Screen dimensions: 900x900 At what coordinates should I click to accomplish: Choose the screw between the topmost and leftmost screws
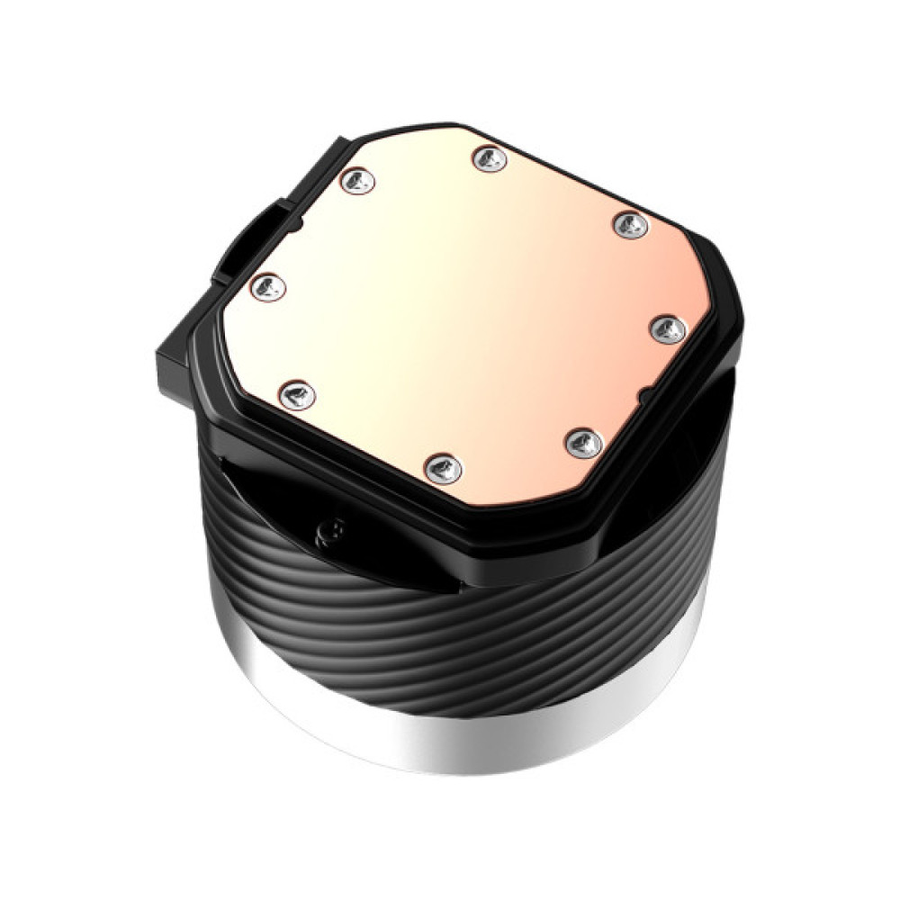coord(358,181)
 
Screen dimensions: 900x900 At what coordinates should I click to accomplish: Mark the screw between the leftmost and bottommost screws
coord(296,394)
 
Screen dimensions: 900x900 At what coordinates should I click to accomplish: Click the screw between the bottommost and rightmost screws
coord(584,441)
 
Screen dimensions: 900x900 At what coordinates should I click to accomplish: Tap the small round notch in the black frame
coord(644,395)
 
